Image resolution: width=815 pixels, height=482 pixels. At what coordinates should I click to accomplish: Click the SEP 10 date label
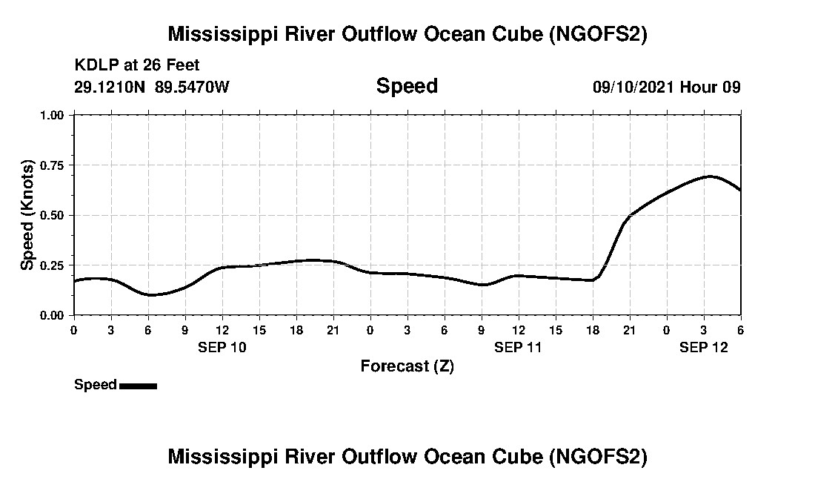tap(222, 347)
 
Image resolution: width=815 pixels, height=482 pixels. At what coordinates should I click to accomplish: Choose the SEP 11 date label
tap(519, 347)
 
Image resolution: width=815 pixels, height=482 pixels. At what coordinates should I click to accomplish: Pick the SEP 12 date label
tap(704, 347)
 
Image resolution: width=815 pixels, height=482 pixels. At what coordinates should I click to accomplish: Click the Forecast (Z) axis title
tap(407, 366)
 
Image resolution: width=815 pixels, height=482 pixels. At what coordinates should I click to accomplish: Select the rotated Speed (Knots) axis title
tap(27, 215)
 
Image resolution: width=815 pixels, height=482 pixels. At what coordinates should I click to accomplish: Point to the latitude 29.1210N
tap(110, 87)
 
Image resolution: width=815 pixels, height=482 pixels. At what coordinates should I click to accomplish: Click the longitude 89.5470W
tap(193, 87)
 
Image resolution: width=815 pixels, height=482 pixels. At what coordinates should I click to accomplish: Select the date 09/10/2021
tap(633, 87)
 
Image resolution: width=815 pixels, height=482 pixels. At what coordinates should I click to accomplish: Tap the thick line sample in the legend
tap(138, 386)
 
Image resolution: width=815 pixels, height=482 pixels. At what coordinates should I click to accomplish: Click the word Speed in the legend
tap(96, 385)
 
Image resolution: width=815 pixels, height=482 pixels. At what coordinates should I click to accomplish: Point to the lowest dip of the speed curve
tap(151, 295)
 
